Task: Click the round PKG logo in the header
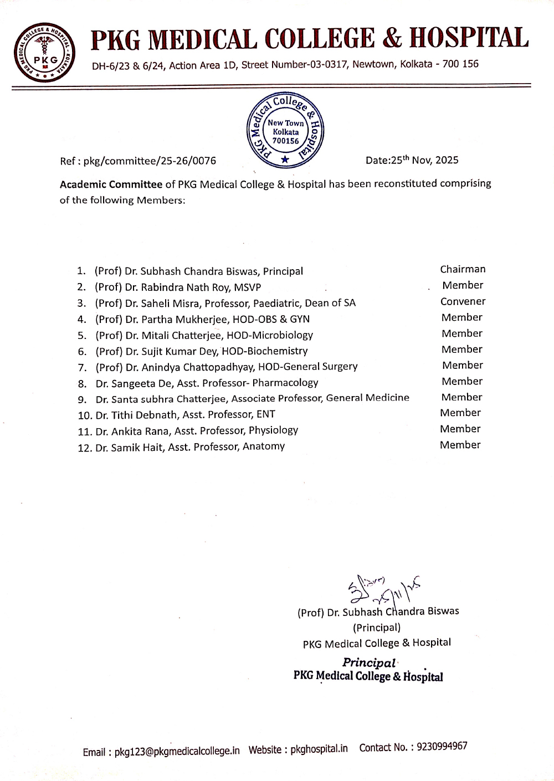point(45,53)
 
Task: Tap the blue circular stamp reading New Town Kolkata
point(285,131)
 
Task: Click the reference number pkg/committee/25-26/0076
point(149,161)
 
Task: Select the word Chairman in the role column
point(463,269)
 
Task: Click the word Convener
point(463,301)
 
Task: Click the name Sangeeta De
point(141,383)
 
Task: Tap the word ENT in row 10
point(266,414)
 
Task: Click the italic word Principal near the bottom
point(369,662)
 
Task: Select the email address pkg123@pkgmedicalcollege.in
point(177,752)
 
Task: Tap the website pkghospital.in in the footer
point(319,749)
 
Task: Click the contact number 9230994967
point(442,747)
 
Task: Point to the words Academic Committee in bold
point(111,184)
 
